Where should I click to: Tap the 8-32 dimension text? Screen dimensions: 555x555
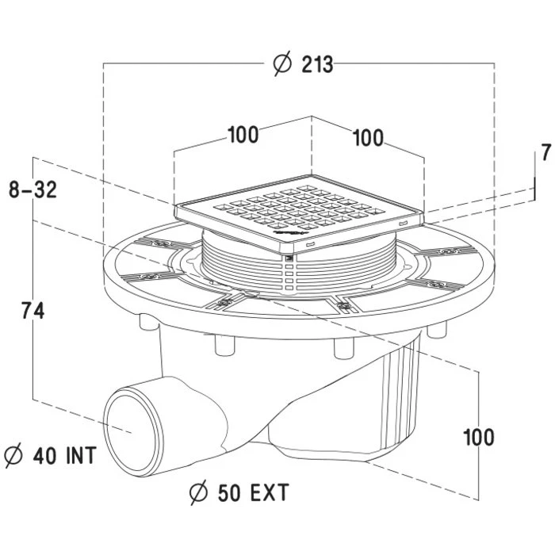pos(33,189)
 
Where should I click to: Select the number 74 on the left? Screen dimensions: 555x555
pos(33,311)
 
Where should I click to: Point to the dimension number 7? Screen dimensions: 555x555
pos(546,152)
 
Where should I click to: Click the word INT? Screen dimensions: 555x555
pos(82,456)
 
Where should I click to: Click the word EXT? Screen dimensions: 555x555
pos(270,492)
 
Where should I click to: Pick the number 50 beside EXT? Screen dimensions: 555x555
pos(230,492)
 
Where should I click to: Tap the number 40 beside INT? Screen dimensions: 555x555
pos(44,456)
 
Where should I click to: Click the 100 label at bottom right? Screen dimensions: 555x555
pos(479,438)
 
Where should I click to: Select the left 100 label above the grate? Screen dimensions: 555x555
pos(243,135)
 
